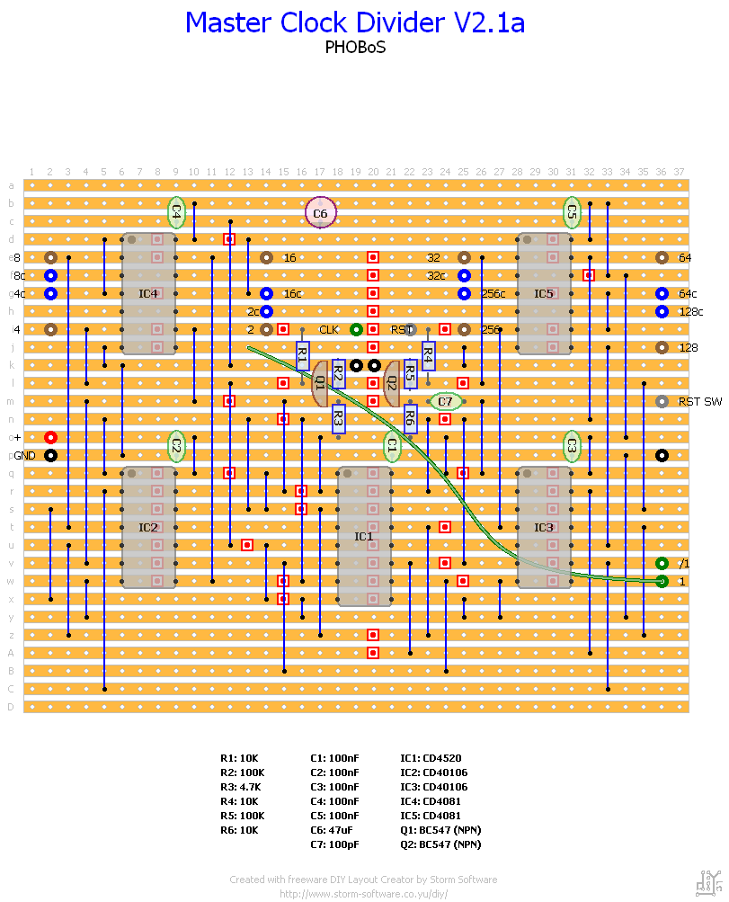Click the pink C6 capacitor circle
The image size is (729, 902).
320,213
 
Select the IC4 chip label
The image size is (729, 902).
148,293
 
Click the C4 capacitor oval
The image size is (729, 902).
176,212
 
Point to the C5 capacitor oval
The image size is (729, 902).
571,212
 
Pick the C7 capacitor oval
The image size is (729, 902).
445,401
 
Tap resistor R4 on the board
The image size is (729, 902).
428,355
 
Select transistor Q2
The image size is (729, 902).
392,383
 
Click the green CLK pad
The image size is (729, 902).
356,329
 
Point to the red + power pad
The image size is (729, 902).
50,437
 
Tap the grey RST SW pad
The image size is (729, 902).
662,401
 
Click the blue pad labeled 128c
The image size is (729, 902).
662,311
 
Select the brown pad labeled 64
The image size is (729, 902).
662,257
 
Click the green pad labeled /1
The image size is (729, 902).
662,563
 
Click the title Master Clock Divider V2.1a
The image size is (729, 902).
355,22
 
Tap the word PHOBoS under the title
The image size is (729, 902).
355,48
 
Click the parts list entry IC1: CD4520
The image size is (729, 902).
431,758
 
